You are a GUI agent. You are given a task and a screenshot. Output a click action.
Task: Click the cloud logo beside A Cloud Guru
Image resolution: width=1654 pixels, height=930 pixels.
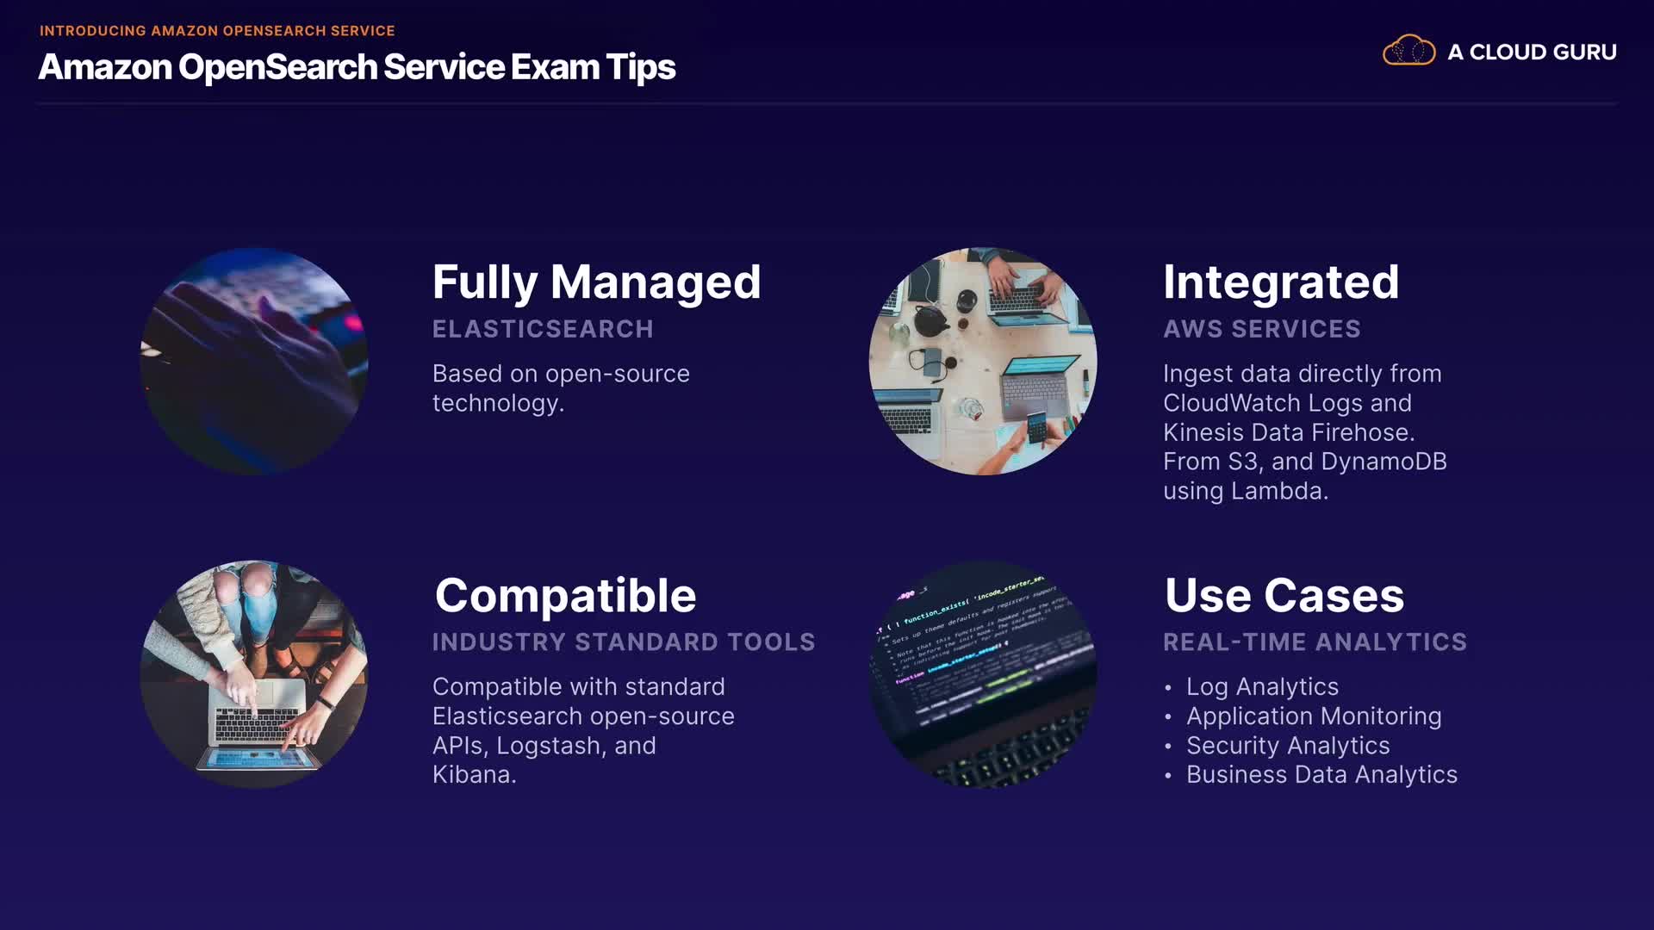click(1408, 51)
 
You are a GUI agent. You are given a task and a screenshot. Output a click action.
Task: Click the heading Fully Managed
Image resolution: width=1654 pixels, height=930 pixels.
click(596, 283)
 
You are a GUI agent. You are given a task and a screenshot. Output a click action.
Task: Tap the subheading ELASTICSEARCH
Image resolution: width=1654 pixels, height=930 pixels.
click(543, 329)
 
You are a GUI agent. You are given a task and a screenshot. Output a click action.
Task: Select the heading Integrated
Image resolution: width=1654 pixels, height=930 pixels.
click(1281, 282)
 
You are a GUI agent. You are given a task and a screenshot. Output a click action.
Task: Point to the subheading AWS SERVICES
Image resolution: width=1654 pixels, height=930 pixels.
click(1262, 329)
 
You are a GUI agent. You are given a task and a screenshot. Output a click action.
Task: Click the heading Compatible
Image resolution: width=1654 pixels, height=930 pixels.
click(565, 596)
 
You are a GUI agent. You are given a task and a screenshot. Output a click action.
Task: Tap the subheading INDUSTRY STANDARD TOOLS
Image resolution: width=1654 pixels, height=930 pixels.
click(624, 642)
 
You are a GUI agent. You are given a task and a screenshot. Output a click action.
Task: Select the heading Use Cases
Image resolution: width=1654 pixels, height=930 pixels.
click(1284, 596)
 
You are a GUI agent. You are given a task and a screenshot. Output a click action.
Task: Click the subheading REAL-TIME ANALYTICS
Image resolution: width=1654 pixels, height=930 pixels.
click(1315, 642)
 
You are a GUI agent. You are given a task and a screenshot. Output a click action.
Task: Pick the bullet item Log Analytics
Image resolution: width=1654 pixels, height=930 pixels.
click(1262, 687)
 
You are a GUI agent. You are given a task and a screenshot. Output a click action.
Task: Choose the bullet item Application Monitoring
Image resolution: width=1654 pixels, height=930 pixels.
click(1314, 716)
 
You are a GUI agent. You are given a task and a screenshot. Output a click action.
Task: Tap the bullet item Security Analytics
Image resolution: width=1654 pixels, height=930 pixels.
click(1288, 746)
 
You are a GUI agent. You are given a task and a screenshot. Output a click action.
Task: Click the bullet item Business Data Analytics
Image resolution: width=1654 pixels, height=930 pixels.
click(1321, 775)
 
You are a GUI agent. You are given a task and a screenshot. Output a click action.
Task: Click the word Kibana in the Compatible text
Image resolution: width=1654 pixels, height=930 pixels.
click(470, 775)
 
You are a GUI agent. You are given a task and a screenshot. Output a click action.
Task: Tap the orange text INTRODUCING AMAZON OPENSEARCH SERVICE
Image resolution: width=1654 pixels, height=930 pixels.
click(217, 31)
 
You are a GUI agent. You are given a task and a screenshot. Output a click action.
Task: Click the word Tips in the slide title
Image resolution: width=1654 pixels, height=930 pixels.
click(640, 68)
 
